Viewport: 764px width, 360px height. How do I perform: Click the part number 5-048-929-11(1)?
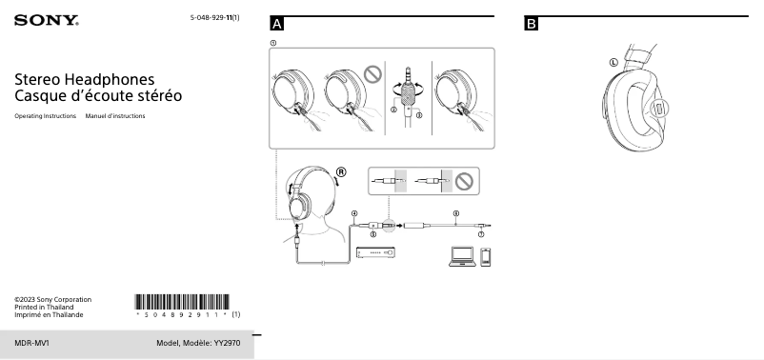[214, 18]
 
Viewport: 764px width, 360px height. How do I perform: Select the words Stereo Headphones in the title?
[84, 80]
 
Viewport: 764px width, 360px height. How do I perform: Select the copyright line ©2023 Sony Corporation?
[53, 300]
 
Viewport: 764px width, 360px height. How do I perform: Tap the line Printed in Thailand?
[44, 308]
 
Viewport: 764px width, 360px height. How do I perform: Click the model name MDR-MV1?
[31, 341]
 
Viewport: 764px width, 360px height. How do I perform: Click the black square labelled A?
[277, 24]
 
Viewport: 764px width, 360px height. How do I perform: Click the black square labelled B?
[532, 24]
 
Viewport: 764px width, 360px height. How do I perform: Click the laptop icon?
[462, 256]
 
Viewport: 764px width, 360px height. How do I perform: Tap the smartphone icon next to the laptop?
[486, 257]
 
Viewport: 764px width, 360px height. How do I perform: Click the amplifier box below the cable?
[374, 252]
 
